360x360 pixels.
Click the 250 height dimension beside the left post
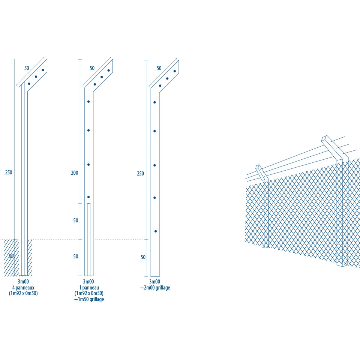(x=9, y=172)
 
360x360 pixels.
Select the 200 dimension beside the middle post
(x=75, y=172)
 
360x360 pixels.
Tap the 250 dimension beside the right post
(x=141, y=174)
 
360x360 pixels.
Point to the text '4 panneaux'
(x=23, y=288)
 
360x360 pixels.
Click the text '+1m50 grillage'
(x=89, y=299)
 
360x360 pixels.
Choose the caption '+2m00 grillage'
(x=155, y=288)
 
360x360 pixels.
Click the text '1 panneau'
(x=89, y=288)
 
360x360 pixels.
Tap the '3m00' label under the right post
(x=155, y=282)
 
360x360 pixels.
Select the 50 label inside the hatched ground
(x=11, y=256)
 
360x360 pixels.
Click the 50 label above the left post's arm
(x=27, y=68)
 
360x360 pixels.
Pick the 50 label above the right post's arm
(x=159, y=68)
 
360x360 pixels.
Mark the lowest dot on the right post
(x=156, y=231)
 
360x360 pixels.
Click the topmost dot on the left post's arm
(x=43, y=70)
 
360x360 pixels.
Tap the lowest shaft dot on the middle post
(x=88, y=197)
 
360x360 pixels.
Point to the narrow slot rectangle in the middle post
(x=89, y=240)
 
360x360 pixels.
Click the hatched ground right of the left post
(x=30, y=257)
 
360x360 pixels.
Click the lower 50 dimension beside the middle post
(x=76, y=256)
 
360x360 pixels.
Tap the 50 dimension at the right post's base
(x=143, y=257)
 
